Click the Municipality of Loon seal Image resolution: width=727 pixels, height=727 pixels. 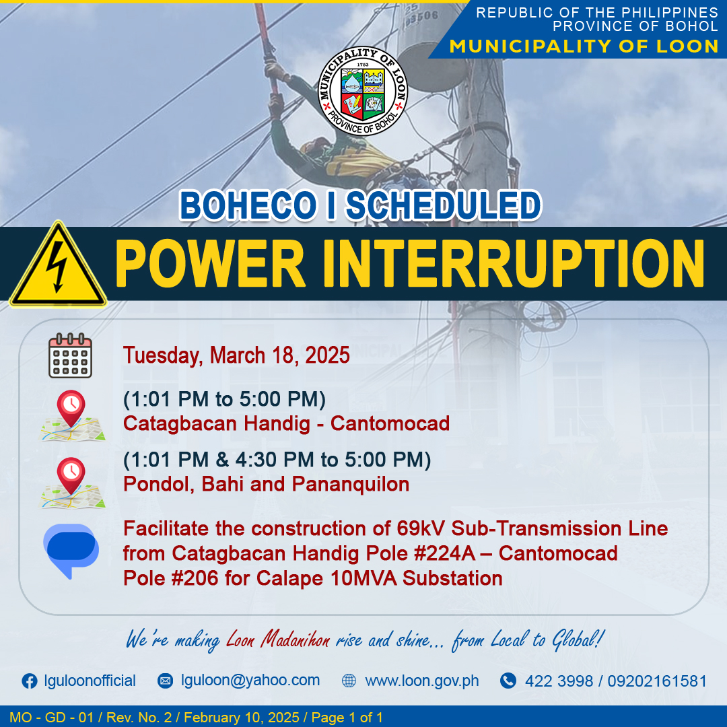[x=363, y=91]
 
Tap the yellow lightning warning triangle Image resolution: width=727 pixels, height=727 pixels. [x=58, y=265]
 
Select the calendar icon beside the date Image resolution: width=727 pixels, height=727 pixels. [x=71, y=355]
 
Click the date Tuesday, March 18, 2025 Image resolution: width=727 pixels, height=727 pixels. [x=236, y=355]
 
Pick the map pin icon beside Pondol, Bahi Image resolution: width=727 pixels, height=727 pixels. [x=71, y=483]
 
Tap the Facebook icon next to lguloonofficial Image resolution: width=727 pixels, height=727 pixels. [x=30, y=681]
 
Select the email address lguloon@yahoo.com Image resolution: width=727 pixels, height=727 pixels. [x=250, y=680]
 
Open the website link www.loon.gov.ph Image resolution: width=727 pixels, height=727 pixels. [x=422, y=681]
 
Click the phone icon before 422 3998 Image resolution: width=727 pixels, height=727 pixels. [x=508, y=681]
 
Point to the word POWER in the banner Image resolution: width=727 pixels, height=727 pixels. [x=210, y=265]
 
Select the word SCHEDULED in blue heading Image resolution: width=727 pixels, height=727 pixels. [x=444, y=205]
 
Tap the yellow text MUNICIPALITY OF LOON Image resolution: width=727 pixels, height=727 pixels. [x=584, y=46]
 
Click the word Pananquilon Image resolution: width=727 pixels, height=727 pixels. [x=351, y=484]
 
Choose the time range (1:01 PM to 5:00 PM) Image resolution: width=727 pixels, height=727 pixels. [x=224, y=399]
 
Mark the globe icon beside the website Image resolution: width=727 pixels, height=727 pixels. [x=349, y=681]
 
